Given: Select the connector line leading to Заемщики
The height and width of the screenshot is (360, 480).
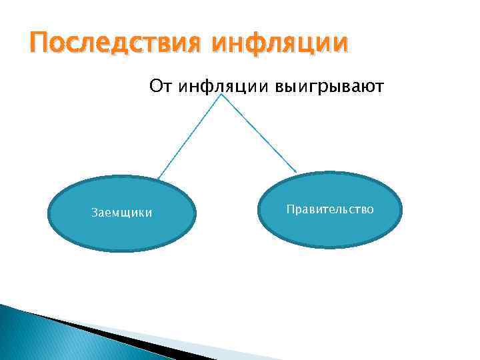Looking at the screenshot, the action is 191,137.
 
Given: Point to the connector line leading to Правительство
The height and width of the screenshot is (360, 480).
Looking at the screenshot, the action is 260,133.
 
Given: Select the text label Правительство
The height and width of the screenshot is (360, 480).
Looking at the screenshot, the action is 330,210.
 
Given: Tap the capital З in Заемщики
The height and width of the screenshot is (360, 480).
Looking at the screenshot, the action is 93,213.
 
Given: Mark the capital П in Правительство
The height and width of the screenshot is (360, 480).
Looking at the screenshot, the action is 290,210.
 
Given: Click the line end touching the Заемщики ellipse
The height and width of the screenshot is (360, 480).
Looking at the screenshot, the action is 159,178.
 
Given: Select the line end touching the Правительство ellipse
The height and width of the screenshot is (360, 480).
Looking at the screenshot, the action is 296,173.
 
